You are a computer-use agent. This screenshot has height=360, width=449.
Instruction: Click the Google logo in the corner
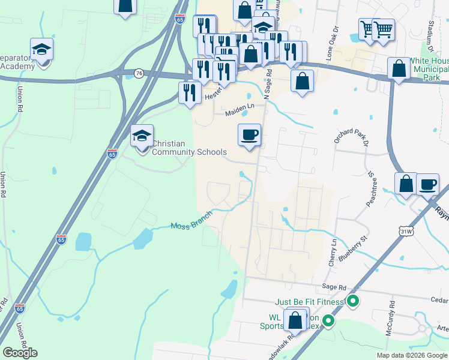coord(20,353)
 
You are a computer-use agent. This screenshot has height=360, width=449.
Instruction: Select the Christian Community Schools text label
coord(189,148)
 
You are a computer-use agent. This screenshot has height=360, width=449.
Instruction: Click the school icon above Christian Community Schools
coord(142,137)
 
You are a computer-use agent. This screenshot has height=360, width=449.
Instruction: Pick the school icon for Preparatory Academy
coord(42,50)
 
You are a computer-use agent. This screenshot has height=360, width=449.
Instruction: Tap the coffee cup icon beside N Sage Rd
coord(249,135)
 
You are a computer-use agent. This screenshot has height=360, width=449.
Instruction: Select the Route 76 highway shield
coord(139,73)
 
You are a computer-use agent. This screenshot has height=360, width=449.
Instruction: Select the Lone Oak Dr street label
coord(334,39)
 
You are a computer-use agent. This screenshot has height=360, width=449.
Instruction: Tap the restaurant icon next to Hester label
coord(190,93)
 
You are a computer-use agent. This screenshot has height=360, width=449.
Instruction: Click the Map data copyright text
coord(411,355)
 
